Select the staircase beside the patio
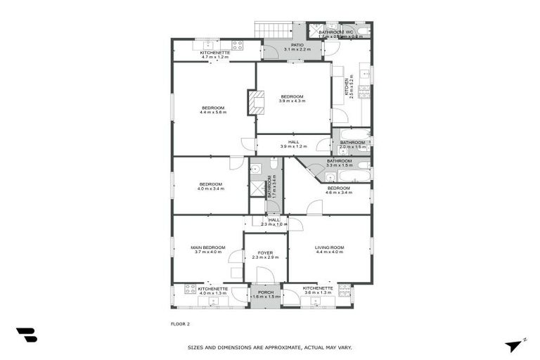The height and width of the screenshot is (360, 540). [273, 31]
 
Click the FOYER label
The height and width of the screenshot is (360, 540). [265, 252]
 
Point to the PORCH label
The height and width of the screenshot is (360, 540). [265, 292]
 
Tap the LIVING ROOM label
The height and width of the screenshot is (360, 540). [328, 247]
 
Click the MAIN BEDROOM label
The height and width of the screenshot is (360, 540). [208, 247]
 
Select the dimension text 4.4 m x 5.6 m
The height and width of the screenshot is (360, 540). [213, 112]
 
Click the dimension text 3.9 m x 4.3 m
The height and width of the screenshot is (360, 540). [292, 101]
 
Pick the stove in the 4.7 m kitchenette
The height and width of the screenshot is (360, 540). [237, 45]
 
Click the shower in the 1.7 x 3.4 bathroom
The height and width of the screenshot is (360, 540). [257, 188]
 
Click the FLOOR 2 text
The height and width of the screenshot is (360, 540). [180, 324]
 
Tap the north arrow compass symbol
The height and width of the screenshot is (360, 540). [515, 345]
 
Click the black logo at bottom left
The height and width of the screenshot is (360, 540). [27, 335]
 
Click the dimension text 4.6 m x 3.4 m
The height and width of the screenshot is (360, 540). [338, 193]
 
